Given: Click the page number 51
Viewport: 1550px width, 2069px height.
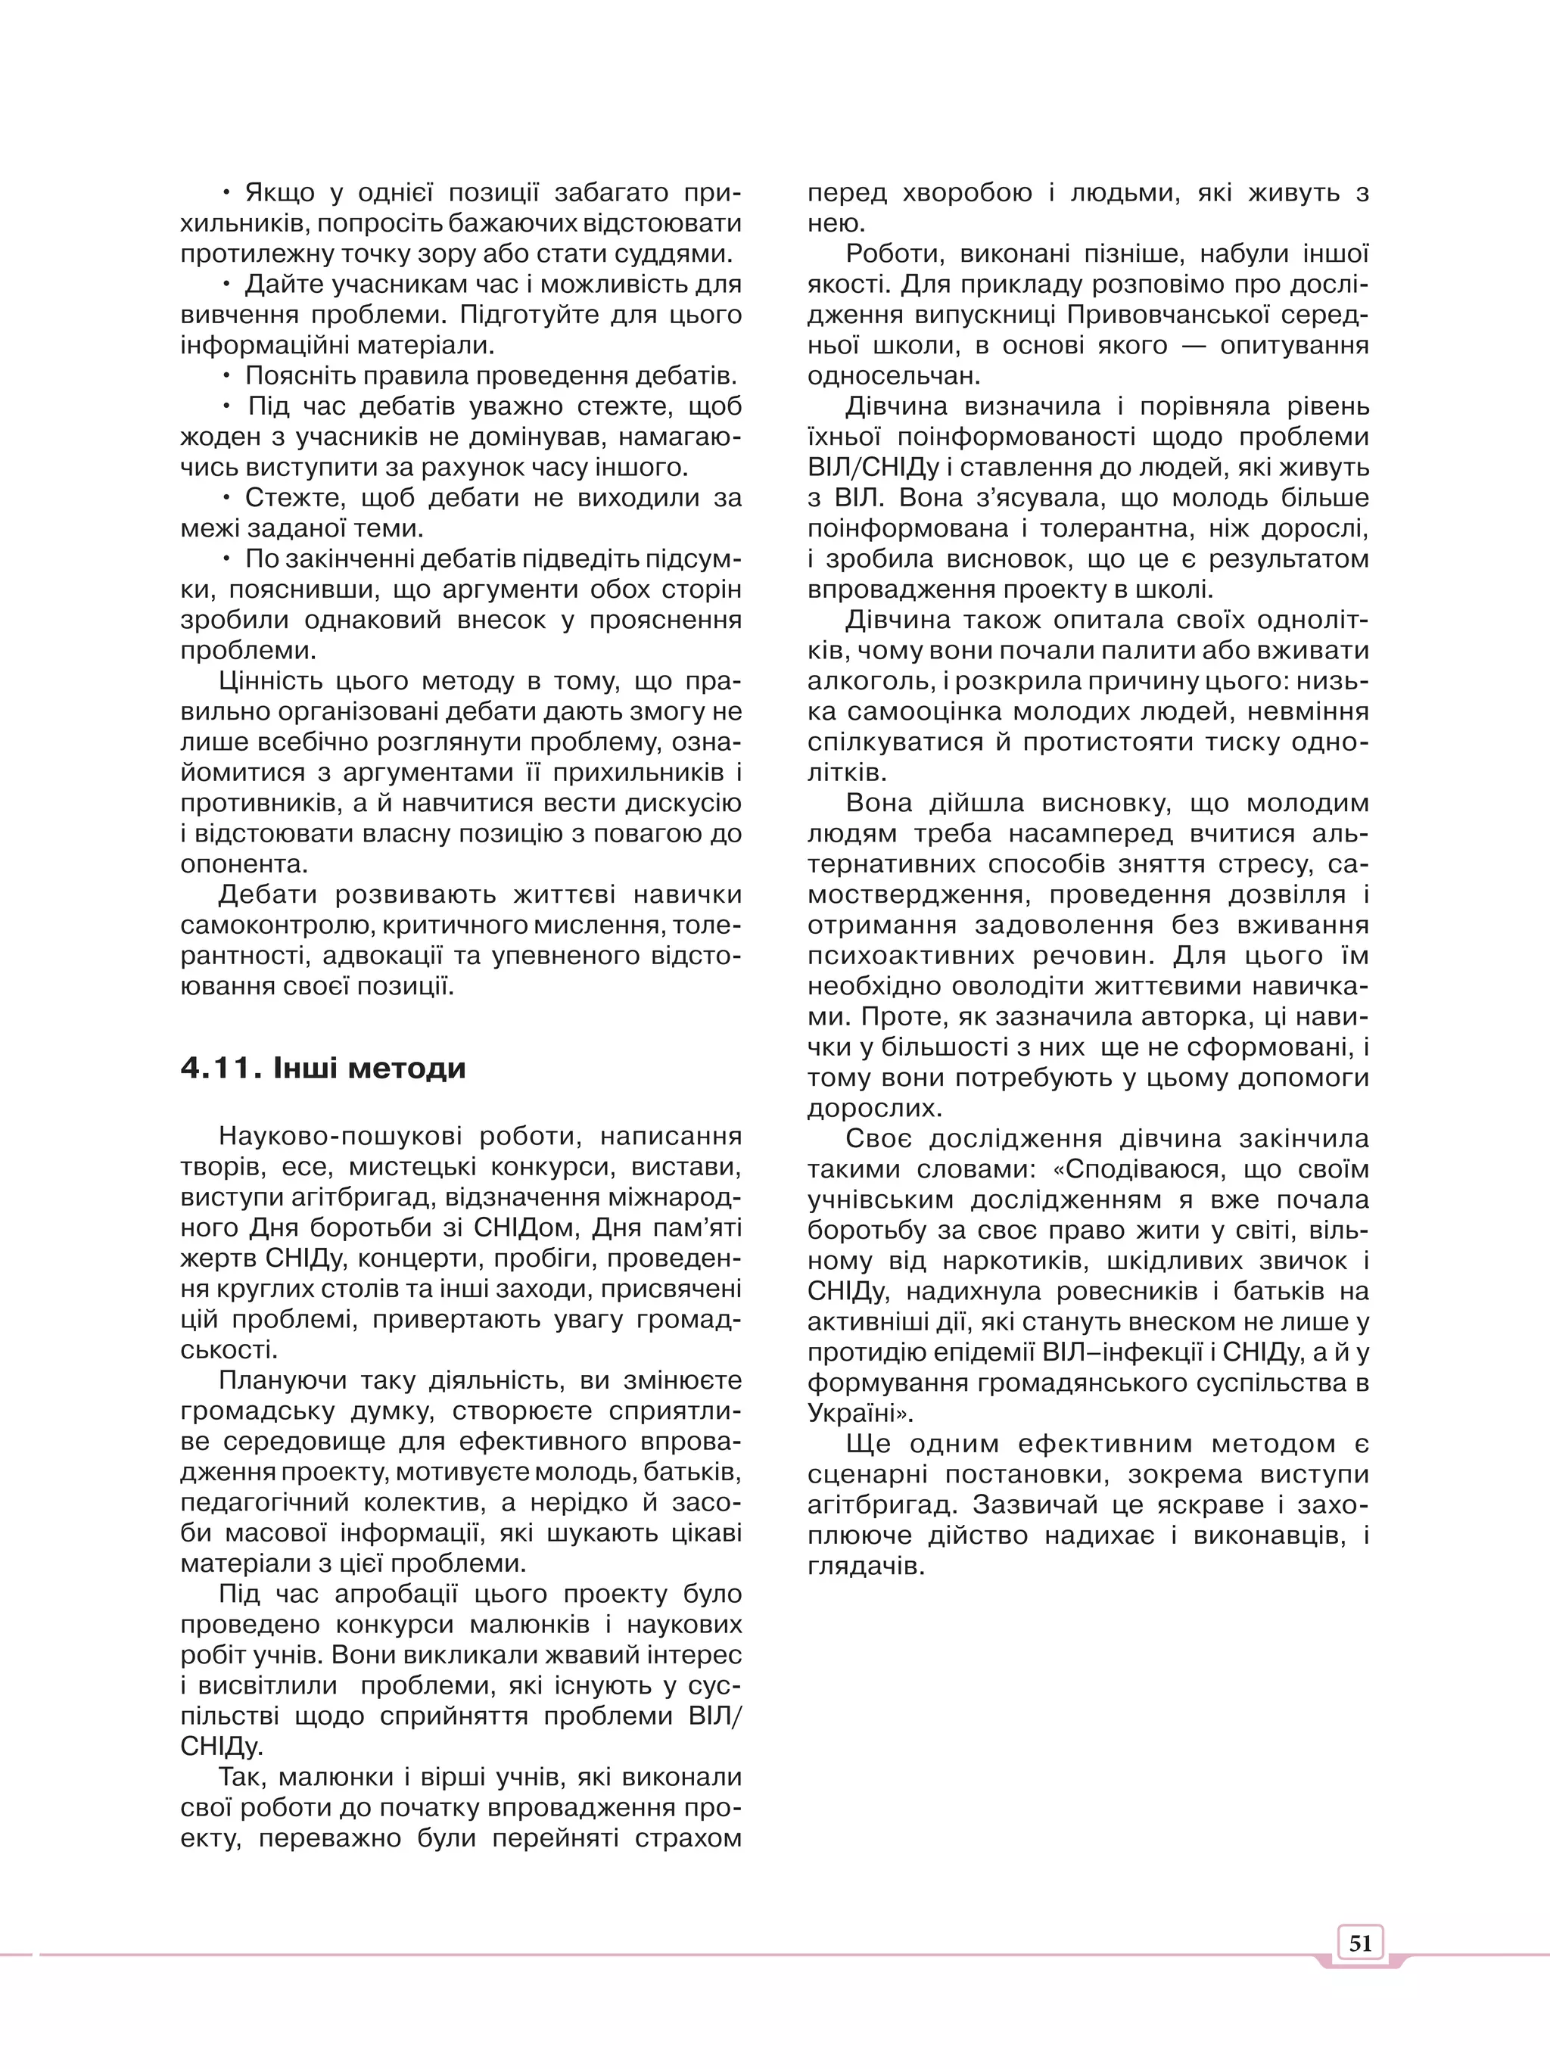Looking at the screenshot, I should tap(1360, 1943).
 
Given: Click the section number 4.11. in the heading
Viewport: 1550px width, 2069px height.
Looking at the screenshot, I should tap(221, 1068).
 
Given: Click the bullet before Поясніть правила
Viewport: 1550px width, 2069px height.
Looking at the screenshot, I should tap(226, 376).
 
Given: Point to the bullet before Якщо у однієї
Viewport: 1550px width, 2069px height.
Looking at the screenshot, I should tap(226, 194).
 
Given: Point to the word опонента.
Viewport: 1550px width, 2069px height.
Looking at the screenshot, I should tap(244, 864).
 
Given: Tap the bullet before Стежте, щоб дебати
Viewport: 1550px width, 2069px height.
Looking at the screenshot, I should tap(226, 498).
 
